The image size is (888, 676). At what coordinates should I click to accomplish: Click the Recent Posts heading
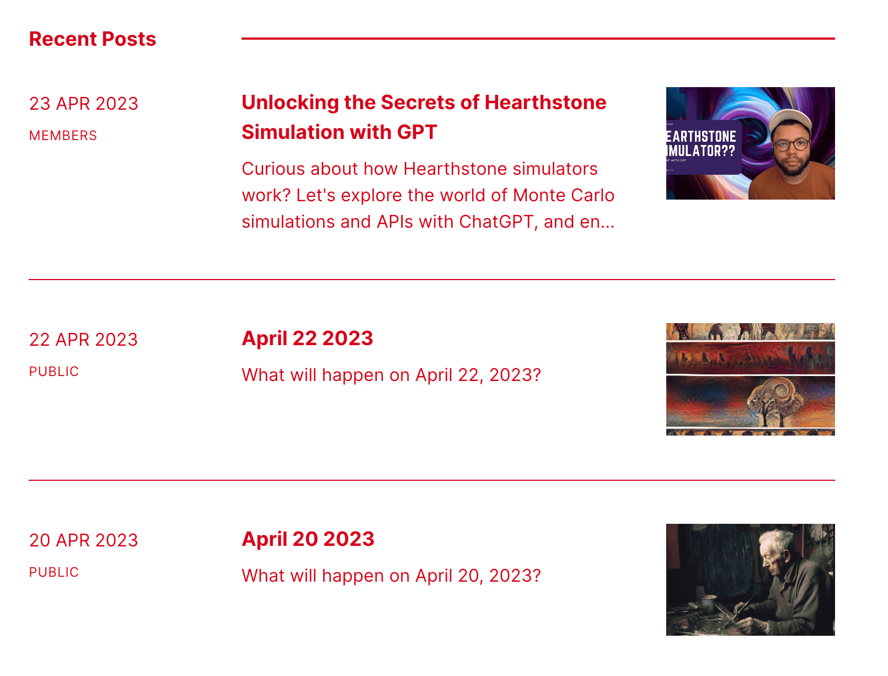(x=93, y=39)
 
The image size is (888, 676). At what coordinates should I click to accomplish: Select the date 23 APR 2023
(x=84, y=104)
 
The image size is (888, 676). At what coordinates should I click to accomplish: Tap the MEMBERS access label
(x=63, y=136)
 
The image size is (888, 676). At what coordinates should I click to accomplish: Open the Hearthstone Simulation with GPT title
(x=424, y=117)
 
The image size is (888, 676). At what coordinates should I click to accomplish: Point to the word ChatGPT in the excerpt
(x=496, y=222)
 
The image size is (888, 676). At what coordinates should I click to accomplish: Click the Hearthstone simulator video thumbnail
(x=750, y=143)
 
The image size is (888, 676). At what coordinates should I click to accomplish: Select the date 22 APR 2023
(x=84, y=340)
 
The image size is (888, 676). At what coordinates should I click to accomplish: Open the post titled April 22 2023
(x=307, y=339)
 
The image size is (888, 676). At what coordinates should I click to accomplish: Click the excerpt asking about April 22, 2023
(x=391, y=375)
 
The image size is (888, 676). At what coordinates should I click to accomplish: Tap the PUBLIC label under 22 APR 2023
(x=54, y=372)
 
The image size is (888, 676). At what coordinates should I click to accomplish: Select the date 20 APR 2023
(x=84, y=540)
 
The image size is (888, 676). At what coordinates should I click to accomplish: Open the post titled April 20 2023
(x=308, y=539)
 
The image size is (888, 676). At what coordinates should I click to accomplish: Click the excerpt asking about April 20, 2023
(x=391, y=576)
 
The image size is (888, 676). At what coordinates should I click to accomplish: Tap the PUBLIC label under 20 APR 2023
(x=54, y=572)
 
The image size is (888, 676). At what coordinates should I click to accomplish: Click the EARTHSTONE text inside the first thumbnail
(x=701, y=137)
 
